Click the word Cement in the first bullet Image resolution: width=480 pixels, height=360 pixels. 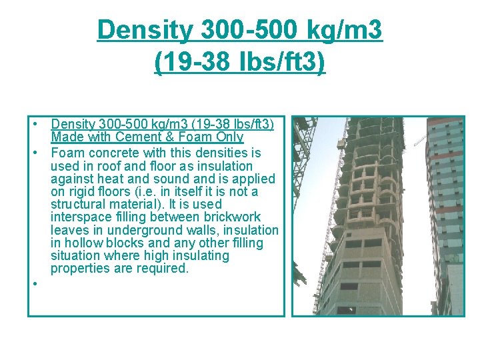[135, 137]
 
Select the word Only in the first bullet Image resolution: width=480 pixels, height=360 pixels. [229, 137]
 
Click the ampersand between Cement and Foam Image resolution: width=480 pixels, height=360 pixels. [163, 137]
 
